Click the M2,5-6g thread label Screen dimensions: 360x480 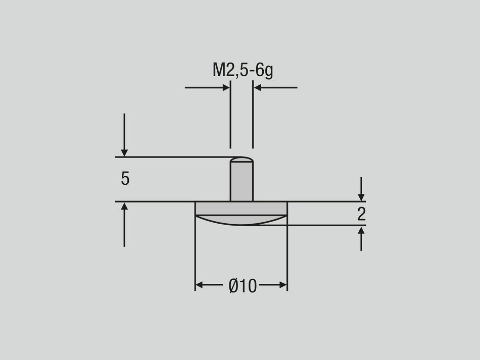[243, 70]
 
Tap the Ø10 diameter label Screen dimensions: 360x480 [243, 286]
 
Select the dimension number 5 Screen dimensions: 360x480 [125, 179]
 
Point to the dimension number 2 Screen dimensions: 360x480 [361, 214]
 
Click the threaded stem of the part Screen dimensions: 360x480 [242, 182]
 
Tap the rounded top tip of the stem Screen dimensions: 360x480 [242, 160]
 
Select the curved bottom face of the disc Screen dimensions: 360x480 [242, 220]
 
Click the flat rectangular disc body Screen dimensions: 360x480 [242, 208]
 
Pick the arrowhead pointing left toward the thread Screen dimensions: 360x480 [258, 88]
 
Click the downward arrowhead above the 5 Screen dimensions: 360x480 [124, 152]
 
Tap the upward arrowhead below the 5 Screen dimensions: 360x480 [124, 207]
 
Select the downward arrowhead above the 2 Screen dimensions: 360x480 [361, 197]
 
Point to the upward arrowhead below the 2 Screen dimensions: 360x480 [361, 230]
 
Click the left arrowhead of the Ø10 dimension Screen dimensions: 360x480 [200, 285]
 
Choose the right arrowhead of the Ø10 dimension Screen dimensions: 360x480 [283, 285]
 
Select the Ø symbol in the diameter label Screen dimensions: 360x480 [233, 286]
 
